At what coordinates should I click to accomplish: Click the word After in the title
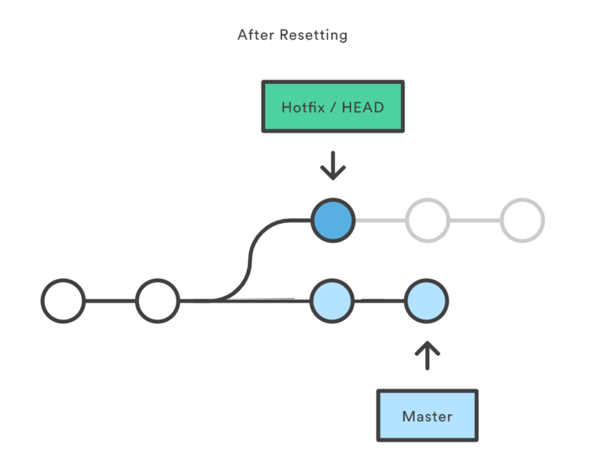(254, 35)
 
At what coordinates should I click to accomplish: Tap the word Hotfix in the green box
(304, 107)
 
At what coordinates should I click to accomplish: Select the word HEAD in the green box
(362, 107)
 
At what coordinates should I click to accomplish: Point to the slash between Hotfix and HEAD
(334, 107)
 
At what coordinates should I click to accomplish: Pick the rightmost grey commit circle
(522, 221)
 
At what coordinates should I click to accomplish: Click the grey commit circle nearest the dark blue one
(427, 221)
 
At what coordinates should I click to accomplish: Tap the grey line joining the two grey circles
(475, 221)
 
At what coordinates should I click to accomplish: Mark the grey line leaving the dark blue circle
(380, 221)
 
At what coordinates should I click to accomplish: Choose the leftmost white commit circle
(63, 301)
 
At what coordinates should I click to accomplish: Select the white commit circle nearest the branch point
(158, 301)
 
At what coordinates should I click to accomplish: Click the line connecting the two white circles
(110, 301)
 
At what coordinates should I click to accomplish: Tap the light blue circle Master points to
(427, 301)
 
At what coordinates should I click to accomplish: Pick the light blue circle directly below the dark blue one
(332, 301)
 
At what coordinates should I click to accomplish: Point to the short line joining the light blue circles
(379, 301)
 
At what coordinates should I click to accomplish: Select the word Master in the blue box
(427, 416)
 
